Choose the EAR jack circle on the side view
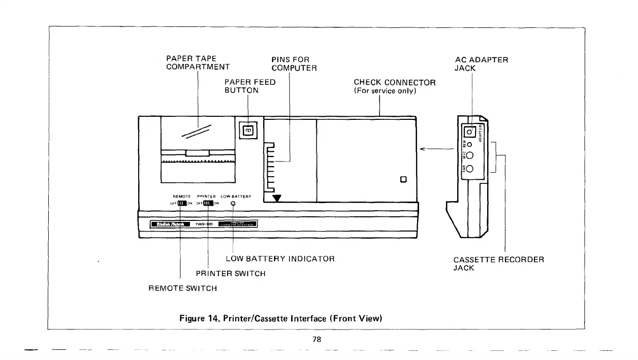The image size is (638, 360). (470, 169)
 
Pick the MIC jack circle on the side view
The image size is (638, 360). (470, 156)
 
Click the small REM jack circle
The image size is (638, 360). (470, 145)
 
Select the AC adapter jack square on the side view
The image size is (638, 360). (470, 132)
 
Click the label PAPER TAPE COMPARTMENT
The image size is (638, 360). (198, 63)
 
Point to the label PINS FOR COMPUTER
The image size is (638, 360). (294, 64)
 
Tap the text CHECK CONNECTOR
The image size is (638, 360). (394, 82)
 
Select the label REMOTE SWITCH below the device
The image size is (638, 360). (182, 288)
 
